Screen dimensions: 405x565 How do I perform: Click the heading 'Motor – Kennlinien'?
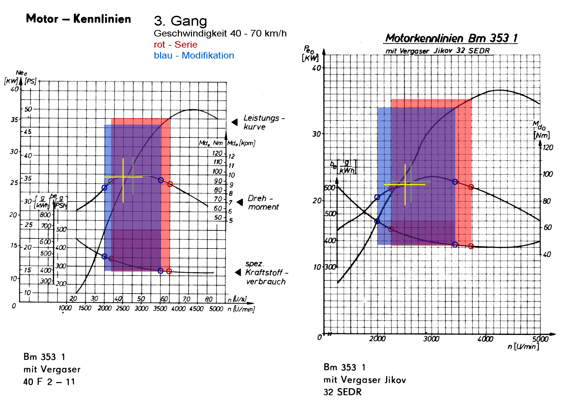click(x=78, y=19)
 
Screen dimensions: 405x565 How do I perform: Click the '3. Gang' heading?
click(x=180, y=21)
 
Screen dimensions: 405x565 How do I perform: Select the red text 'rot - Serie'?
click(x=176, y=45)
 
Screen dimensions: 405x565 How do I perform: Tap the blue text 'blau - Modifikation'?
click(x=194, y=56)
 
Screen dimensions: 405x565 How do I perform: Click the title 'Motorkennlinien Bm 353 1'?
click(x=451, y=38)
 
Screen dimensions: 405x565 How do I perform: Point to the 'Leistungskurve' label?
click(x=264, y=122)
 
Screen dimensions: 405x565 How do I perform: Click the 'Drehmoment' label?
click(x=263, y=202)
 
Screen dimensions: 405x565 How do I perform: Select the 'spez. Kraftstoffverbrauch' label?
click(x=266, y=273)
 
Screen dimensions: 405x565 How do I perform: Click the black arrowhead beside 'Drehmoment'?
click(x=240, y=202)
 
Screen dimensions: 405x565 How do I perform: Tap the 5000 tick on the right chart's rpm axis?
click(x=540, y=339)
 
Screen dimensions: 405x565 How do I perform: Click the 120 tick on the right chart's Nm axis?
click(x=548, y=148)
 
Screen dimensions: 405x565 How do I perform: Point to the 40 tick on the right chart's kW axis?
click(x=316, y=68)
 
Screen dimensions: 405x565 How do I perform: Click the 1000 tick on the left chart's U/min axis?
click(x=65, y=308)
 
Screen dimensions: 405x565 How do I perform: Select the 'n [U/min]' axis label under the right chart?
click(x=523, y=346)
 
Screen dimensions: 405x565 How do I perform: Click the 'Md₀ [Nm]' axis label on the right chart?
click(x=541, y=130)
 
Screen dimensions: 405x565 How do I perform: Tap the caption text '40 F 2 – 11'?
click(x=49, y=382)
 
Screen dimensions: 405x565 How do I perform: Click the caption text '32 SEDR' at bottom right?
click(x=342, y=392)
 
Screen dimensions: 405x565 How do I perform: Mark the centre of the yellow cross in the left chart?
click(x=123, y=177)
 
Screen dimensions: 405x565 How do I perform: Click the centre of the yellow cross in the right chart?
click(x=405, y=184)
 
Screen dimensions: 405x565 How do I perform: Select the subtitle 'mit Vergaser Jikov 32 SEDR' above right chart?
click(x=438, y=51)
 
